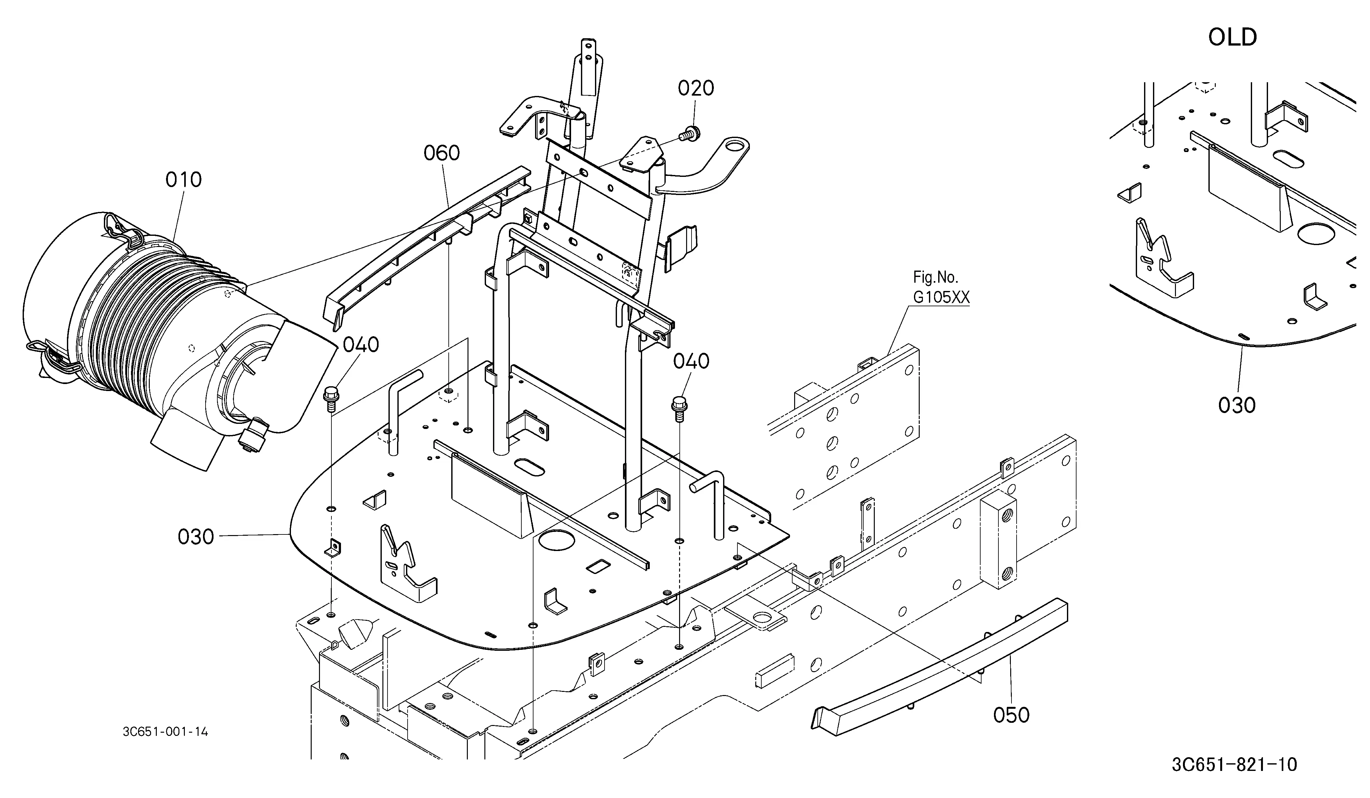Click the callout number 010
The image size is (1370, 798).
[184, 180]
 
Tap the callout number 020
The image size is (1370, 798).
[696, 88]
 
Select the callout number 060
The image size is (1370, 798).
[442, 153]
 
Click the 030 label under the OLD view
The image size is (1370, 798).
[1237, 405]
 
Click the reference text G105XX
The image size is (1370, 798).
[941, 297]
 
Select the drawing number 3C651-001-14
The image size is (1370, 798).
[165, 732]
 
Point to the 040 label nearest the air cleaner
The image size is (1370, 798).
[361, 345]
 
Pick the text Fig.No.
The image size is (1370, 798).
[935, 278]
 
